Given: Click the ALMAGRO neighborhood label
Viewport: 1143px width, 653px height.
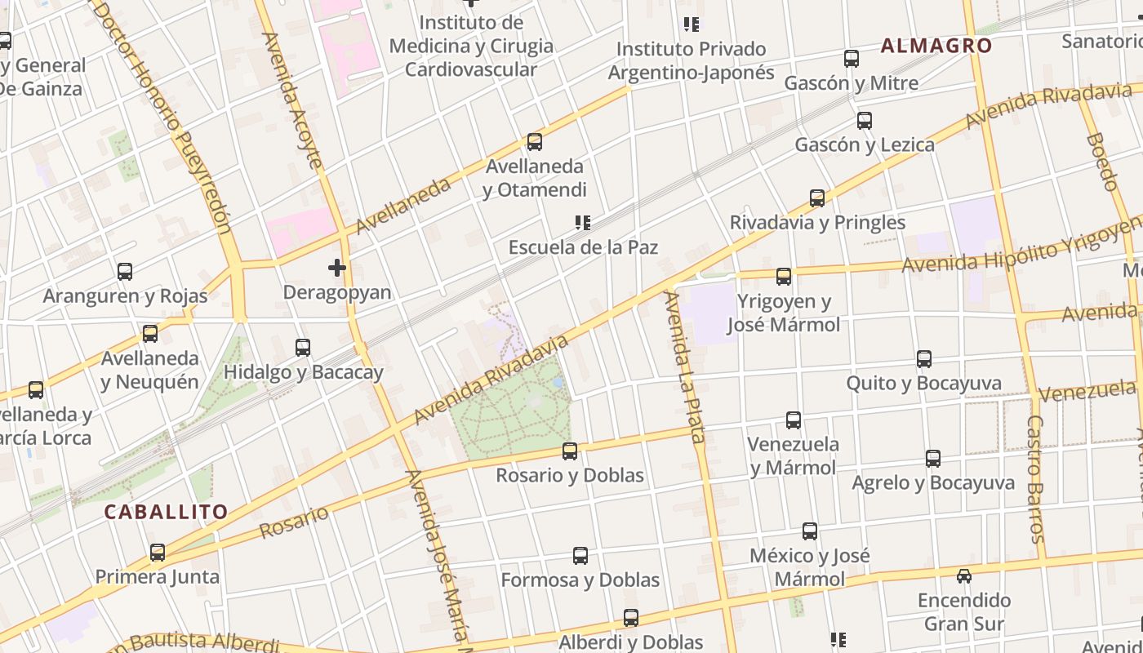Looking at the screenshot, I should [x=936, y=46].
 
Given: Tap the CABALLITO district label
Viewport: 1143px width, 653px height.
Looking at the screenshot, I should [x=166, y=513].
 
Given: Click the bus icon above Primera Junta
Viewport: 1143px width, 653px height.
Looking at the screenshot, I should [x=158, y=553].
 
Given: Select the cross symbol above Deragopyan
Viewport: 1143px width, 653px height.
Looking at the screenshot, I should [x=336, y=267].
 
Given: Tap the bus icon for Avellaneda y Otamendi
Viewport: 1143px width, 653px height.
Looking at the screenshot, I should [x=535, y=142].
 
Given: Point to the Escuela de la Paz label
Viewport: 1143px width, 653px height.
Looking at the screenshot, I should [x=583, y=247].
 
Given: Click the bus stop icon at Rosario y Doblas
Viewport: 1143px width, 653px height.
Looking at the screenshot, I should [x=570, y=451].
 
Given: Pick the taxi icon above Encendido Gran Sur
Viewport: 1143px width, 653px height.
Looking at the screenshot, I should [x=964, y=575].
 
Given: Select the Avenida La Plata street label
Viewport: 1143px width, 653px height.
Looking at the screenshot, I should [x=684, y=367].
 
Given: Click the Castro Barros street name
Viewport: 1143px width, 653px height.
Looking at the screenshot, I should [x=1035, y=478].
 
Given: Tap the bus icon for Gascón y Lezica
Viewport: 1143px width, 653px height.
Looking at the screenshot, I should [x=865, y=121].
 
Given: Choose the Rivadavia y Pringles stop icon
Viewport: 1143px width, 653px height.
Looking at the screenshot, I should [x=817, y=198].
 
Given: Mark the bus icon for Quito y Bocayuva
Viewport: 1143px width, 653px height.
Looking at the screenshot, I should [x=924, y=358].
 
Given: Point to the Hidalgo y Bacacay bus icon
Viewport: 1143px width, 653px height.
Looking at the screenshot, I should [x=303, y=348].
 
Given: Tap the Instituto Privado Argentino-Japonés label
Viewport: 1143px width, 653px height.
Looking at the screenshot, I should [x=691, y=60].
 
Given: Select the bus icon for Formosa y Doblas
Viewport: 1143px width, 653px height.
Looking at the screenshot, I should [x=580, y=556].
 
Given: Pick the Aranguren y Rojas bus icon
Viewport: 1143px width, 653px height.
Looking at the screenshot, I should [x=125, y=271].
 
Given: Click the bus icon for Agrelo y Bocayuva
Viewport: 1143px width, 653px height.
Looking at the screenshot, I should [x=933, y=459].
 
